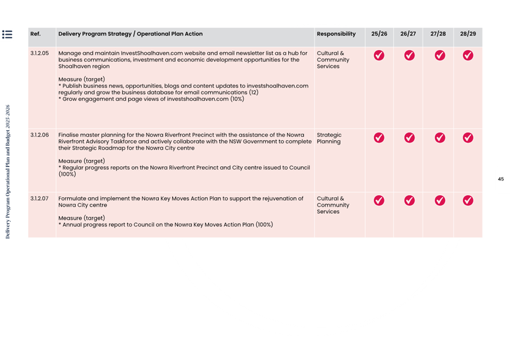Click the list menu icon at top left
(x=7, y=34)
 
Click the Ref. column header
(x=36, y=34)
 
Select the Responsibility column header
(x=336, y=34)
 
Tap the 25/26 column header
(x=379, y=34)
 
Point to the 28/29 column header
(x=468, y=34)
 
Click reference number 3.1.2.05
(x=40, y=53)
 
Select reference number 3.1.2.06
(x=40, y=135)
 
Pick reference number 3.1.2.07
(x=40, y=198)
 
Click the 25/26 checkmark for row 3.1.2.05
(x=379, y=56)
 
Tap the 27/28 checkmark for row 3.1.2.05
(x=439, y=56)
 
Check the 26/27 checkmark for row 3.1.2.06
(x=409, y=138)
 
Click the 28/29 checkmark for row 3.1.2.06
(x=468, y=138)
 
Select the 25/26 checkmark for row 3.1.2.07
(x=379, y=201)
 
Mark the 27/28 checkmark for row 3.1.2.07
(x=439, y=201)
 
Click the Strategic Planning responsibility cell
(x=329, y=138)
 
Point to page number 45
(x=501, y=179)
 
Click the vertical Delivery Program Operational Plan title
(x=7, y=171)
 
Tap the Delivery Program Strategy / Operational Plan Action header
(x=130, y=34)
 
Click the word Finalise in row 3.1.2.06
(x=70, y=135)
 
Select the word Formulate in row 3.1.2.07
(x=73, y=198)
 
